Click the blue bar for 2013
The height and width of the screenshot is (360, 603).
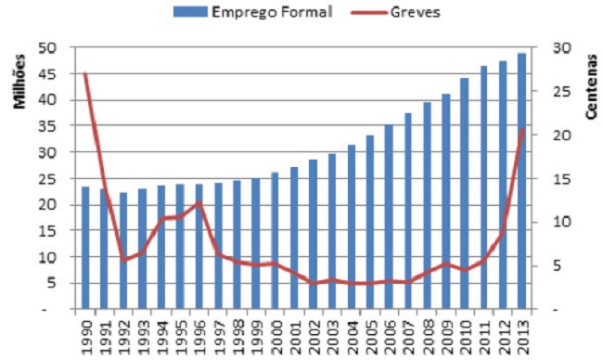click(521, 181)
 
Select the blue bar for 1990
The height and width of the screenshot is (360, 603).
click(85, 248)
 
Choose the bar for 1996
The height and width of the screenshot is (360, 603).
click(199, 246)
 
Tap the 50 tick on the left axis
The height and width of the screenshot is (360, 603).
click(48, 48)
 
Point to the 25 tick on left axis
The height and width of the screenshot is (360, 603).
click(48, 178)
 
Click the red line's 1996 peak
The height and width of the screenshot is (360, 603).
click(199, 202)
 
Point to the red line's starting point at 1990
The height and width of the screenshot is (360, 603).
click(85, 73)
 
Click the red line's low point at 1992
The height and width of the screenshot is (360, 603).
click(123, 261)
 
